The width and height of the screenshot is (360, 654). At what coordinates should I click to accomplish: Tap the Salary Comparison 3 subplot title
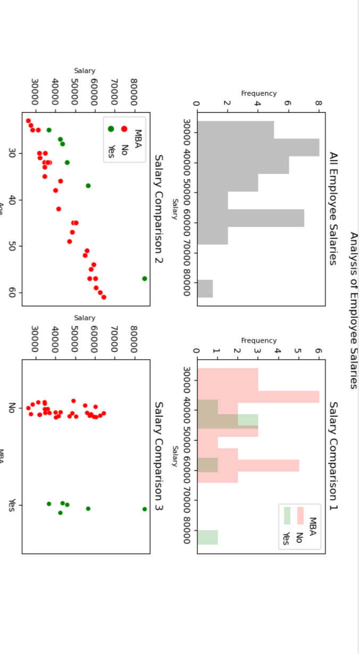pos(158,456)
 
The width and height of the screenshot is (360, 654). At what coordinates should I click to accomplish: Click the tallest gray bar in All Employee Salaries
pos(258,147)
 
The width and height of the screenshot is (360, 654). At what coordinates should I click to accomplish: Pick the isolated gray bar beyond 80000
pos(205,288)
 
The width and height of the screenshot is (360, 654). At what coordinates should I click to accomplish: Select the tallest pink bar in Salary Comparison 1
pos(258,396)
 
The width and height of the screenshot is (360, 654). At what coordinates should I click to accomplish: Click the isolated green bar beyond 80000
pos(207,537)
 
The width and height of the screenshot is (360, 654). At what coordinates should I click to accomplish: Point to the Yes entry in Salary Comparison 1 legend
pos(287,538)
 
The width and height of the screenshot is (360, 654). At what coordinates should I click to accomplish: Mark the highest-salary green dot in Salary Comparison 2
pos(145,278)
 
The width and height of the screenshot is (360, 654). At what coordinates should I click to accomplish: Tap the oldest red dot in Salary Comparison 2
pos(104,297)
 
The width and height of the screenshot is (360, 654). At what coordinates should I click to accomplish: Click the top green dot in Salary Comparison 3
pos(145,509)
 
